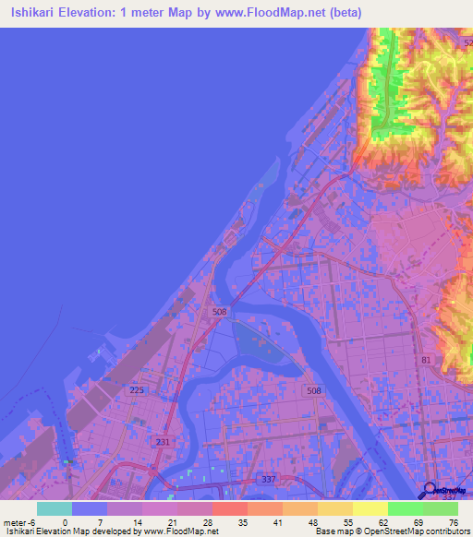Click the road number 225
point(138,391)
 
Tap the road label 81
point(426,358)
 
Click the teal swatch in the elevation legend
point(55,508)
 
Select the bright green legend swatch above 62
point(406,508)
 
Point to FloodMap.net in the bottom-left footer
point(187,532)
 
